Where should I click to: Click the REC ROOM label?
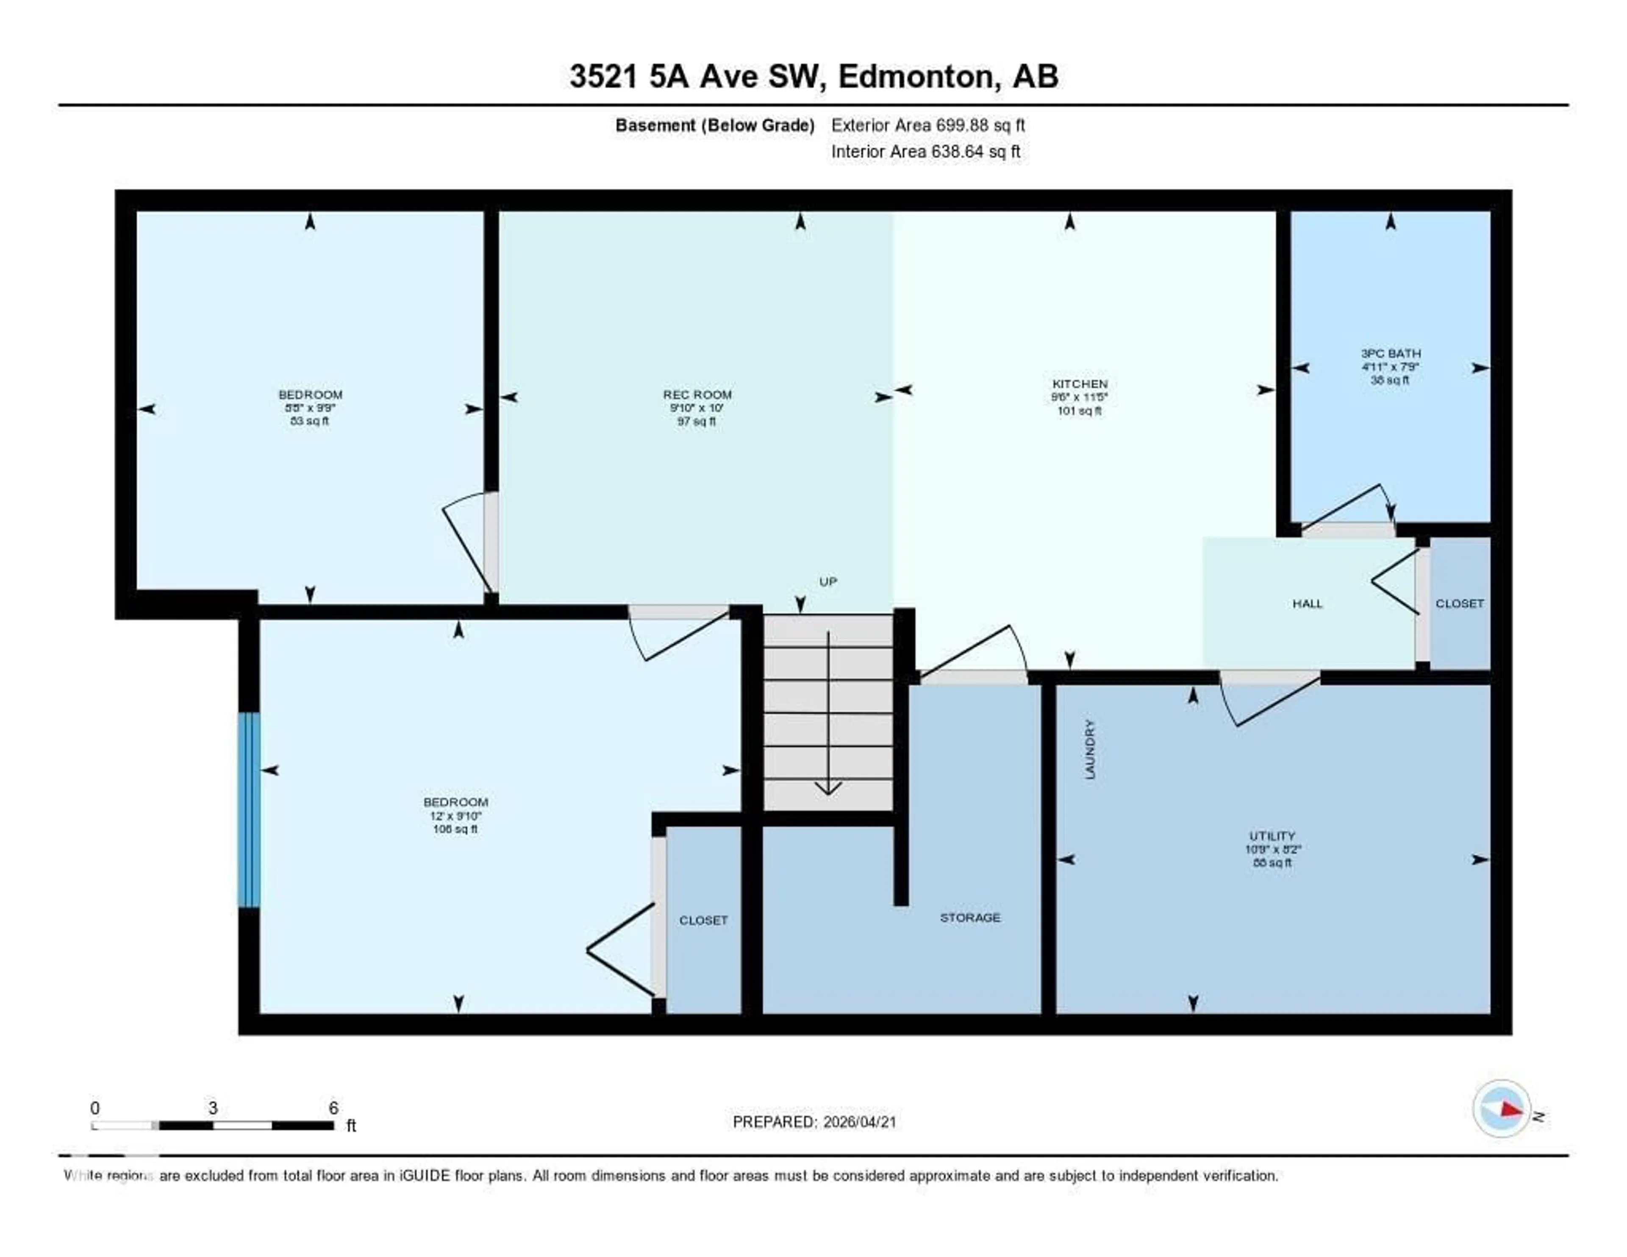pyautogui.click(x=697, y=394)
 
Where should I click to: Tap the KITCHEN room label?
pyautogui.click(x=1080, y=384)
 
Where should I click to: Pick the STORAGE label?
pyautogui.click(x=970, y=917)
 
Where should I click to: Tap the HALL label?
pyautogui.click(x=1308, y=603)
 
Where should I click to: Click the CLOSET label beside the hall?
pyautogui.click(x=1459, y=603)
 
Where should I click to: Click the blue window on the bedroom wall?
pyautogui.click(x=249, y=810)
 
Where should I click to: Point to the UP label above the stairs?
pyautogui.click(x=827, y=581)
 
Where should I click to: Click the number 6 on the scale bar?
pyautogui.click(x=333, y=1108)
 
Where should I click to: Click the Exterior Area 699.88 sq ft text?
pyautogui.click(x=927, y=125)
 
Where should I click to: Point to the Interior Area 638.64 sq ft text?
pyautogui.click(x=925, y=151)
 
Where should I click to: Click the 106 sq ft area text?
pyautogui.click(x=455, y=829)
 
